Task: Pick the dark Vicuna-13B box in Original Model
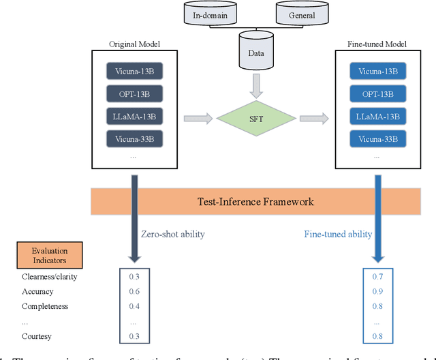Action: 134,71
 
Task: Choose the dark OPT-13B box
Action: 134,94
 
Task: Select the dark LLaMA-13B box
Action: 134,117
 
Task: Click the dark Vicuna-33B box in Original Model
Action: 134,139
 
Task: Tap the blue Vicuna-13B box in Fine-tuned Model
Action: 379,71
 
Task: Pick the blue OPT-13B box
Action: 379,94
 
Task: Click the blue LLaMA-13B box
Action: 379,117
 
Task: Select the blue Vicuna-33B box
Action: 379,139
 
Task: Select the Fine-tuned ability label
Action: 338,234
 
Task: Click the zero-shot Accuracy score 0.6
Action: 134,292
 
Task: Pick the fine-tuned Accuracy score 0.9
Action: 378,292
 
